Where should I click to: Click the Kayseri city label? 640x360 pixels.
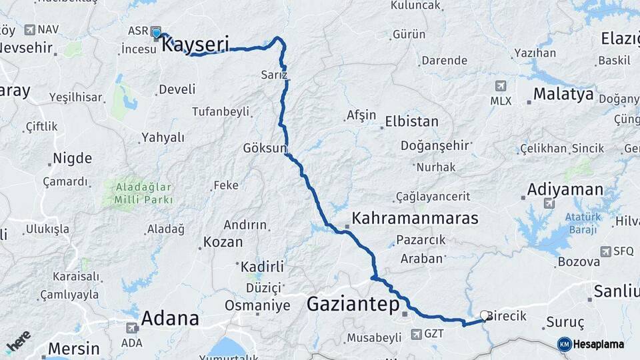coord(195,45)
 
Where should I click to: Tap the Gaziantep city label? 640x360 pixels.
coord(353,305)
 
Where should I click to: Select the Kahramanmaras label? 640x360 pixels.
coord(415,218)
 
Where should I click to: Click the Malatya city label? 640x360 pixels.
coord(563,94)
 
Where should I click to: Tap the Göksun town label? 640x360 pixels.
coord(265,147)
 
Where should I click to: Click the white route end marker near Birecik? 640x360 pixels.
coord(485,315)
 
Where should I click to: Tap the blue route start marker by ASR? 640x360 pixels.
coord(156,32)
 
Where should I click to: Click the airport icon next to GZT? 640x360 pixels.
coord(416,333)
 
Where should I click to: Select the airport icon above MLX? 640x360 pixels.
coord(500,86)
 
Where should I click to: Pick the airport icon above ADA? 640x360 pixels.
coord(131,327)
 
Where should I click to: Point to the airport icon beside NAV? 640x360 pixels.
coord(29,29)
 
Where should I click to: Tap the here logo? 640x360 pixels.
coord(18,341)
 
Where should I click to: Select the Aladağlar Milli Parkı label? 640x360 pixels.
coord(143,193)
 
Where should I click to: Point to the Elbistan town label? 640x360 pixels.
coord(411,121)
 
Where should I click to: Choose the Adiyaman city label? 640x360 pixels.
coord(565,189)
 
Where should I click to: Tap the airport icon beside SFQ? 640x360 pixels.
coord(605,251)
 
